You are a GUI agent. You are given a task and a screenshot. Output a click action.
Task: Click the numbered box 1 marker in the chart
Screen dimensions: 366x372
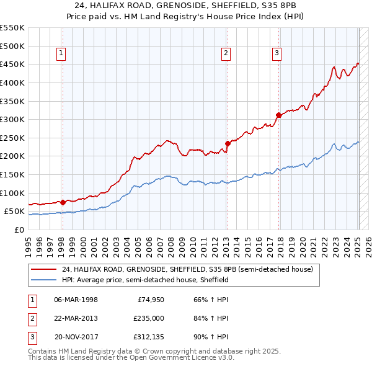[x=62, y=54]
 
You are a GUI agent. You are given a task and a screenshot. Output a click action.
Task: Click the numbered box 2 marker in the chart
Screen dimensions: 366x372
[x=227, y=54]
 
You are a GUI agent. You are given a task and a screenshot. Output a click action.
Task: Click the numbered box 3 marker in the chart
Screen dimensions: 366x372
[x=277, y=54]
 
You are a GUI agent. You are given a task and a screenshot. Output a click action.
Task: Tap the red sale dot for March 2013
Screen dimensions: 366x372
[x=228, y=143]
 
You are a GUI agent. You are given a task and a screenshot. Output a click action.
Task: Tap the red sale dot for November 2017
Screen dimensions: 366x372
[x=278, y=115]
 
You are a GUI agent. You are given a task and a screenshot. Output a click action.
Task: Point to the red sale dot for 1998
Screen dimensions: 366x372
[x=63, y=202]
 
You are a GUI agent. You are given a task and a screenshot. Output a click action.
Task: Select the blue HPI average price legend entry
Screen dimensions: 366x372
[x=145, y=280]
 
